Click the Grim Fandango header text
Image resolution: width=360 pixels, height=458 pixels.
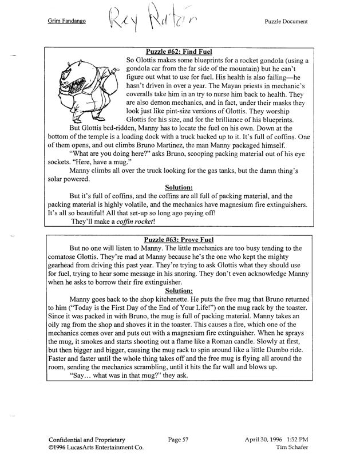(x=68, y=22)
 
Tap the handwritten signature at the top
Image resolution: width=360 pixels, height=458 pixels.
(x=151, y=22)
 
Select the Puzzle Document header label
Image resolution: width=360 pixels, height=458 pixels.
(x=286, y=22)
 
